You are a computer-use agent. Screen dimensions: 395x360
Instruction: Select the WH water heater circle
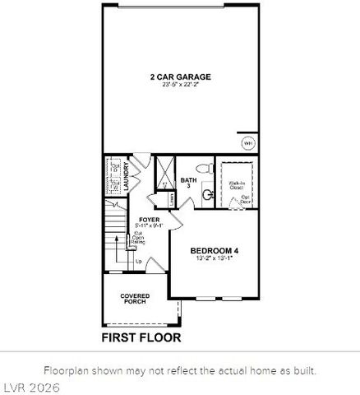pos(247,143)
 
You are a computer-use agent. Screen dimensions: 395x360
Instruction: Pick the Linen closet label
pos(170,198)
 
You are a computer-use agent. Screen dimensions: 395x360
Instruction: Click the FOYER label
pos(150,220)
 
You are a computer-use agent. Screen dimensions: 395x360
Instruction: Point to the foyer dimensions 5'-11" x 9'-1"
pos(150,226)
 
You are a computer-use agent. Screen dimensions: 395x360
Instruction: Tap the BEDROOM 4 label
pos(215,251)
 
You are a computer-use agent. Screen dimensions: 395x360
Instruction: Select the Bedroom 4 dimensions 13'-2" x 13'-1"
pos(215,258)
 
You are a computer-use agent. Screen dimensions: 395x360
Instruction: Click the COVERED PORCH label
pos(135,299)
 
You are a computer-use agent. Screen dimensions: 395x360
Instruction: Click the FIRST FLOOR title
pos(141,337)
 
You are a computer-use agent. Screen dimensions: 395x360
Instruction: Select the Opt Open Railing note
pos(139,238)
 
